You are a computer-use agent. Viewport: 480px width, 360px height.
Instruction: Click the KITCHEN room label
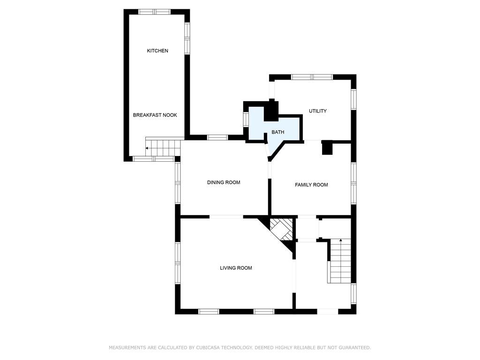pos(157,51)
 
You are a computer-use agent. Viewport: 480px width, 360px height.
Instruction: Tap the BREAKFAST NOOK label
pos(155,115)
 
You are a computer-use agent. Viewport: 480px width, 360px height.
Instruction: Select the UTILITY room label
pos(317,111)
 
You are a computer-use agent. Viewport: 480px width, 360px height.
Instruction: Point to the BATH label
pos(277,132)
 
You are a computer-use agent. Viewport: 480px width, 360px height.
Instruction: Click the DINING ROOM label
pos(224,182)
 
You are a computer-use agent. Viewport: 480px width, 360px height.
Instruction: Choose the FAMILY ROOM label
pos(311,185)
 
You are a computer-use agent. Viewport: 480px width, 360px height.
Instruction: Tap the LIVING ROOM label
pos(236,268)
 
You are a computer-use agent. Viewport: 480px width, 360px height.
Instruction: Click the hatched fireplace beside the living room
pos(281,230)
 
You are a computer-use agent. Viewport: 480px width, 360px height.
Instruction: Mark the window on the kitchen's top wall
pos(154,12)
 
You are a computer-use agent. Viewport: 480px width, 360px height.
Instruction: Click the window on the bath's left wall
pos(246,120)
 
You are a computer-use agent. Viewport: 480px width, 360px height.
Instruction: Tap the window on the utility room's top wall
pos(312,77)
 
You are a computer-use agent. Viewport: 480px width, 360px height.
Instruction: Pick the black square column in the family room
pos(327,148)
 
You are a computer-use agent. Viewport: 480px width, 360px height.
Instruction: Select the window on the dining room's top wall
pos(217,137)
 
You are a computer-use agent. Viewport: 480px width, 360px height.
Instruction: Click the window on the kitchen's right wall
pos(187,38)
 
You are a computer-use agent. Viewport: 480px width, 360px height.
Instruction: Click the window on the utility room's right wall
pos(353,99)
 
